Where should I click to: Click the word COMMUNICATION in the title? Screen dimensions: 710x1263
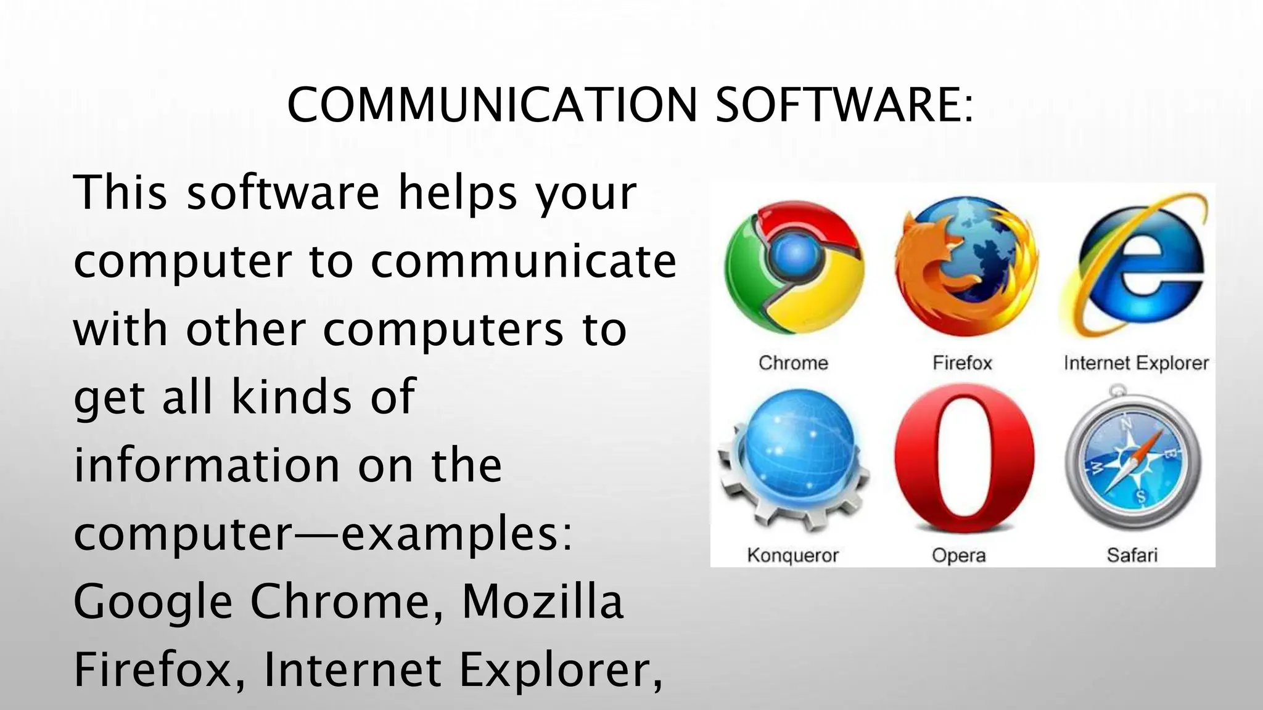click(x=492, y=105)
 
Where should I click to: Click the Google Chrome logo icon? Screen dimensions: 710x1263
click(x=793, y=269)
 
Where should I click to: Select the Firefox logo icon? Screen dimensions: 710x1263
click(x=965, y=269)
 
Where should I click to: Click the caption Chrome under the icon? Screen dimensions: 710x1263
click(x=793, y=363)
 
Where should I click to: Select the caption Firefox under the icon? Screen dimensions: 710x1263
click(x=962, y=363)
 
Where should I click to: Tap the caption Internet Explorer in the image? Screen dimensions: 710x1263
click(x=1136, y=363)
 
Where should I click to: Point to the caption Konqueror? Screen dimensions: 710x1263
click(x=793, y=555)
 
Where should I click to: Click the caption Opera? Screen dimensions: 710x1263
click(x=959, y=555)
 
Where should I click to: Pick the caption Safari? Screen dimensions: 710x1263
click(x=1132, y=555)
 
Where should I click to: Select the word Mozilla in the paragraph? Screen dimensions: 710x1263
click(x=543, y=602)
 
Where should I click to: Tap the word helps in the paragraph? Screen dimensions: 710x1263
click(x=457, y=194)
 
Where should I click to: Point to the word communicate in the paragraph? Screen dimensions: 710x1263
click(x=524, y=261)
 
